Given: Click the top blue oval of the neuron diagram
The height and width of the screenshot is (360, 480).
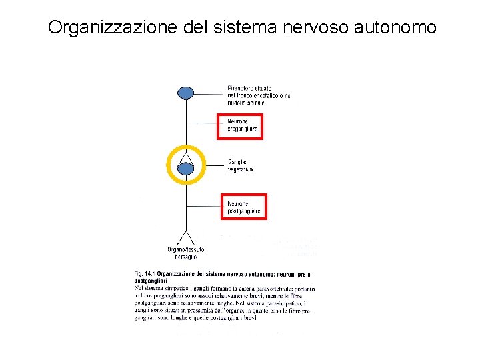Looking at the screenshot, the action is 186,93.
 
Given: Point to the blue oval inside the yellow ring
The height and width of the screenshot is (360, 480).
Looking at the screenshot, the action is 186,169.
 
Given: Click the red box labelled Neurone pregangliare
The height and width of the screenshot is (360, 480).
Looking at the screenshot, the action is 240,126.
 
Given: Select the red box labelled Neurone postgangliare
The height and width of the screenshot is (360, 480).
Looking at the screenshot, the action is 243,207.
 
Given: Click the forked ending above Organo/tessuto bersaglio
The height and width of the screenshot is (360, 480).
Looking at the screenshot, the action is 185,237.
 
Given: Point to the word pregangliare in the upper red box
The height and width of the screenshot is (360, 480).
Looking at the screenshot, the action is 243,129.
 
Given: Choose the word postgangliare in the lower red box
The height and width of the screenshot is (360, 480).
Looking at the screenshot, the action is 244,211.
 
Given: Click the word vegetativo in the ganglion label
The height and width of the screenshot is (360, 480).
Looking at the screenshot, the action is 240,169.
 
